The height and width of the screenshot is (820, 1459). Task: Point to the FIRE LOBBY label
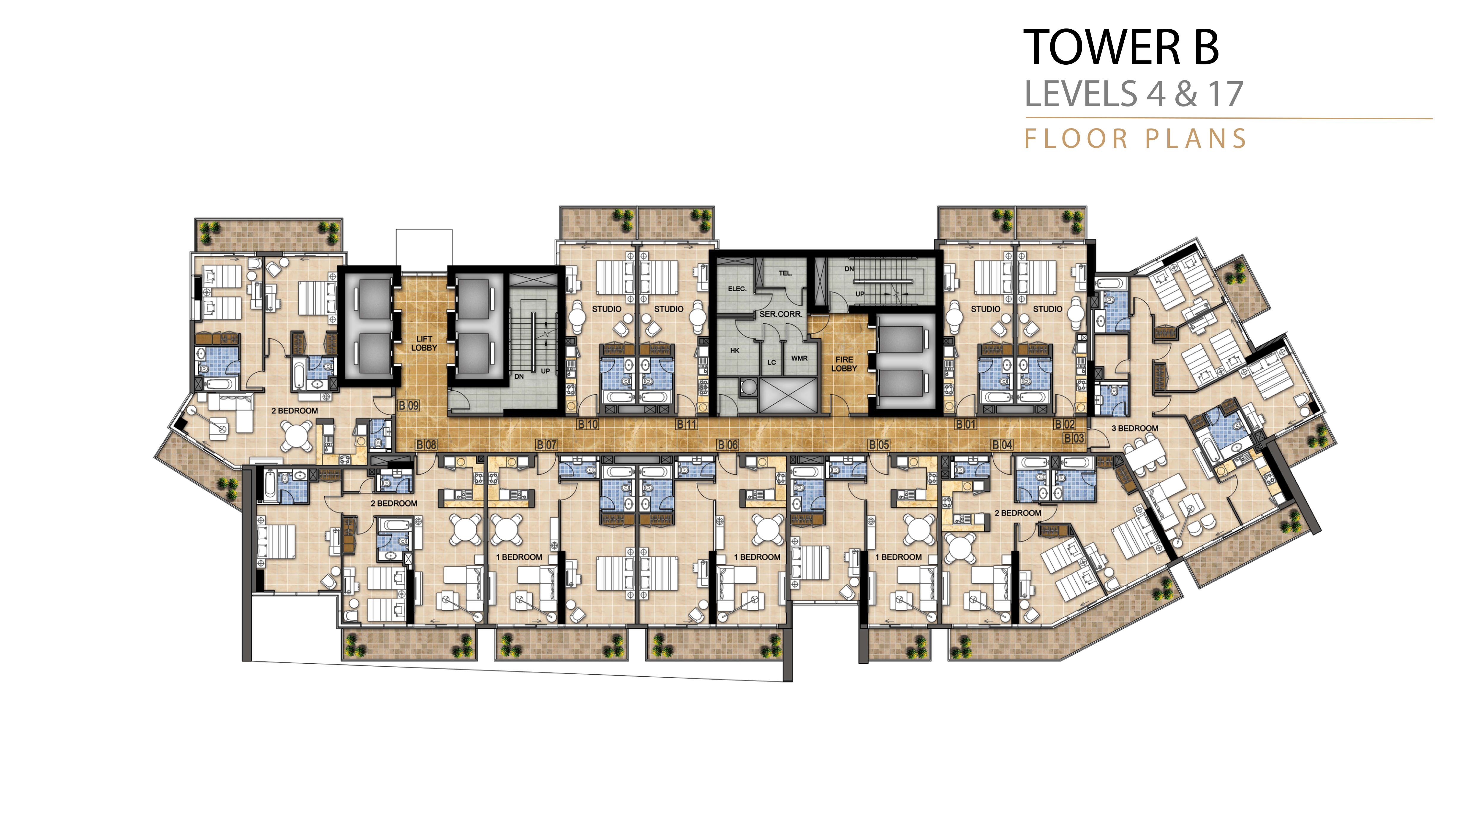click(x=844, y=364)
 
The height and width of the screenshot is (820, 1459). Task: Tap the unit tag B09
click(x=408, y=406)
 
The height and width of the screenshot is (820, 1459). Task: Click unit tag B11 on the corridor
click(x=687, y=425)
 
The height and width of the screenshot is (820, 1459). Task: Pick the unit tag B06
click(x=728, y=445)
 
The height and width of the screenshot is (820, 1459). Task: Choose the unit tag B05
click(x=879, y=445)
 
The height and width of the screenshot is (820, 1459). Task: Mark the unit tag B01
click(x=966, y=425)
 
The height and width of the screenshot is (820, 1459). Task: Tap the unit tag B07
click(x=546, y=445)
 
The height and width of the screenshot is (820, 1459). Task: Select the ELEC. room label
click(x=737, y=289)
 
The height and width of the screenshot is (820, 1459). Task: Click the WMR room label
click(x=799, y=358)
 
